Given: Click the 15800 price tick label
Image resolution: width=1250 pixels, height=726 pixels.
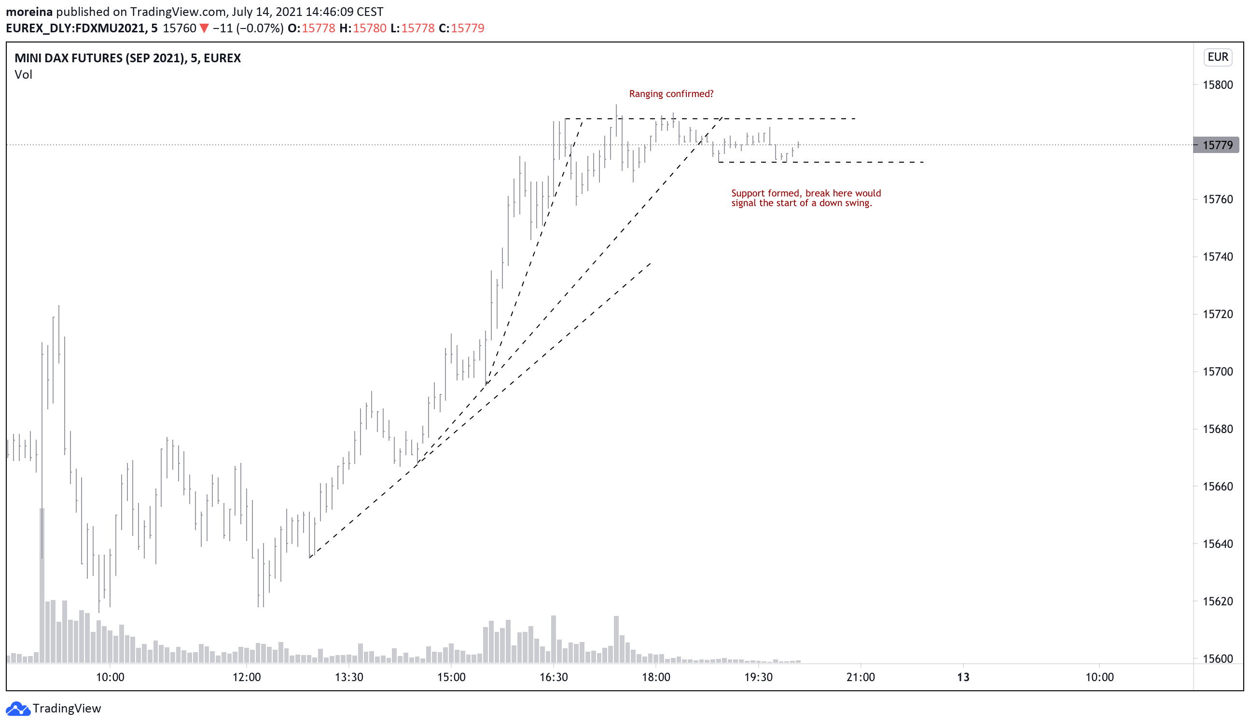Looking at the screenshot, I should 1217,85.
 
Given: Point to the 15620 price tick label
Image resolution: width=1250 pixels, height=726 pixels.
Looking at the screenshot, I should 1217,601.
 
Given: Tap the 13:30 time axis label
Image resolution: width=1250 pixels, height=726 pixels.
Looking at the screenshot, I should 349,677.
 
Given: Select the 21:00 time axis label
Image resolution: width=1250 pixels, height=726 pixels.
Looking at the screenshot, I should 861,677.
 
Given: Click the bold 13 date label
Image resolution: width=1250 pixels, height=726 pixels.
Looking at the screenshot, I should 963,677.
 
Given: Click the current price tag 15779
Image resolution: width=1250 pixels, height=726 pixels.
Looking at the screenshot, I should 1217,145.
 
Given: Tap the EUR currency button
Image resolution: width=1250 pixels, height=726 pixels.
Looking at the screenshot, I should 1218,57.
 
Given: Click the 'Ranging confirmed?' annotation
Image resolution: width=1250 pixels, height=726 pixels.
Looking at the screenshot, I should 671,94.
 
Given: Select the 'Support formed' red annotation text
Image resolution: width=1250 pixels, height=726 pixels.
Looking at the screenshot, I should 806,198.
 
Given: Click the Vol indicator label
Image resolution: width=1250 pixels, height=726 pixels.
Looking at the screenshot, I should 23,75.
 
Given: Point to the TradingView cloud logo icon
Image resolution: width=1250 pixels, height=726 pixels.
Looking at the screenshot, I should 18,709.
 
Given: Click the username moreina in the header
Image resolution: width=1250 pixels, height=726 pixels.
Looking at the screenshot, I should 29,12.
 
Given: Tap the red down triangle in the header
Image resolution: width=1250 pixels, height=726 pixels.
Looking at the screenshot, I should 204,28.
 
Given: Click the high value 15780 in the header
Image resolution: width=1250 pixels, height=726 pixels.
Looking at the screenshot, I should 370,28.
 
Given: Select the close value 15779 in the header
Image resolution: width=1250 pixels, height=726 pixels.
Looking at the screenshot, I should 467,28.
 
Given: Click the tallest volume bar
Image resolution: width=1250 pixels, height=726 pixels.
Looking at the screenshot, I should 42,586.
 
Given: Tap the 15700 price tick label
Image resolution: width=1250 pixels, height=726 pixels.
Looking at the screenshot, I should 1217,372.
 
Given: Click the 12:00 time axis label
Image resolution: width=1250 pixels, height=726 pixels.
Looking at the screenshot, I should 247,677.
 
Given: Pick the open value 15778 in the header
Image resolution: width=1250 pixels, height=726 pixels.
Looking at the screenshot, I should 319,28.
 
